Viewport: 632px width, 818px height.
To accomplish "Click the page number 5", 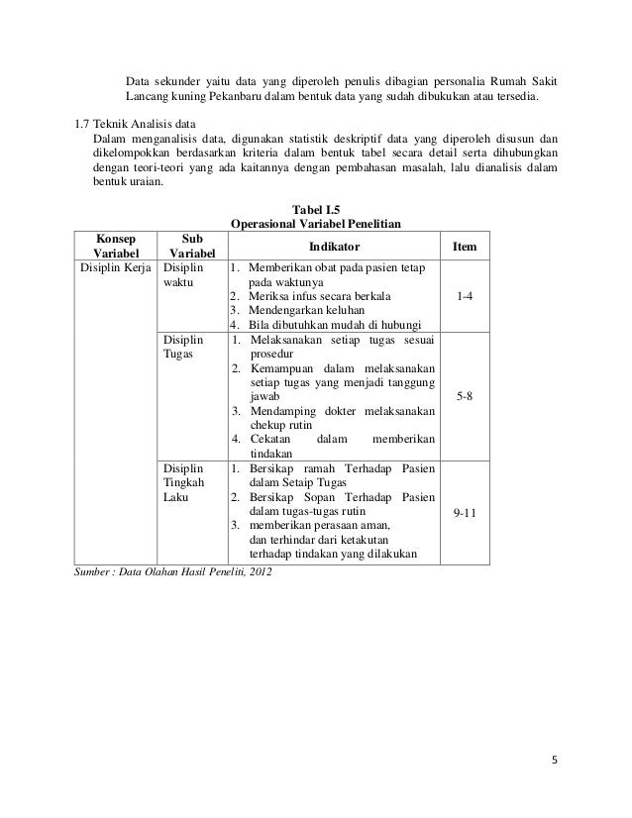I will pos(555,762).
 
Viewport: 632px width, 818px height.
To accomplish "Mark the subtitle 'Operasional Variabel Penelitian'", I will pos(314,225).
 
